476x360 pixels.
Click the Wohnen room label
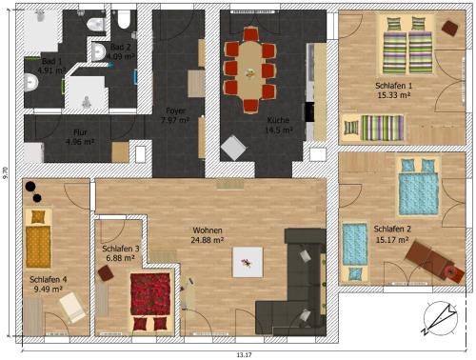[x=208, y=230]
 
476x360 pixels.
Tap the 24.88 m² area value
[x=207, y=240]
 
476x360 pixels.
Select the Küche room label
[x=278, y=120]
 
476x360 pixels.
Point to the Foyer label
[x=175, y=110]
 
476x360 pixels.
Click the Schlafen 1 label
[x=393, y=86]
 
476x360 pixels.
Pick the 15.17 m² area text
[x=392, y=239]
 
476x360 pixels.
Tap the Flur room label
[x=80, y=132]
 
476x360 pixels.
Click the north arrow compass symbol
[x=441, y=319]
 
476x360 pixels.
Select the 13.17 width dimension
[x=244, y=355]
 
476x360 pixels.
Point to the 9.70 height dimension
[x=6, y=173]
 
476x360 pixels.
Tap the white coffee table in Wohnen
[x=248, y=262]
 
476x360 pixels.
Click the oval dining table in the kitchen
[x=250, y=70]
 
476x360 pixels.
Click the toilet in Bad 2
[x=124, y=19]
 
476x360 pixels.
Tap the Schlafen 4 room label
[x=48, y=280]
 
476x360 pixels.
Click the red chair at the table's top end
[x=251, y=34]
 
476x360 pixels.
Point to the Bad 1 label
[x=51, y=61]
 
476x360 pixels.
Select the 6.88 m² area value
[x=120, y=258]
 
